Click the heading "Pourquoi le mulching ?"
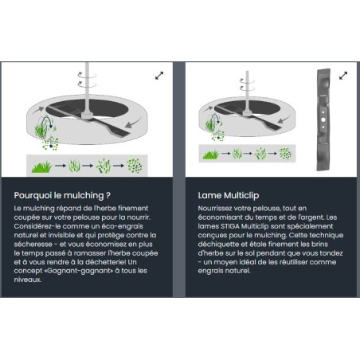click(x=62, y=195)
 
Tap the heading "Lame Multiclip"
click(x=229, y=195)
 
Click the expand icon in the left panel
click(x=159, y=76)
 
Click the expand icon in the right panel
click(x=343, y=76)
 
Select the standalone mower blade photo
click(x=323, y=119)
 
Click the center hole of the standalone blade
click(x=323, y=120)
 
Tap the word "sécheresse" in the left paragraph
click(x=33, y=245)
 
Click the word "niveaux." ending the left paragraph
click(x=27, y=280)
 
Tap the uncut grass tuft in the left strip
click(x=41, y=166)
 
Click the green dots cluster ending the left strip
click(x=135, y=166)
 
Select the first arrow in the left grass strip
click(x=61, y=166)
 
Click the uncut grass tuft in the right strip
click(x=211, y=155)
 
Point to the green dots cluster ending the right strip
click(x=285, y=154)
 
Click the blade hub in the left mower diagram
click(x=88, y=115)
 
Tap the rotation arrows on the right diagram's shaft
click(x=247, y=84)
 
